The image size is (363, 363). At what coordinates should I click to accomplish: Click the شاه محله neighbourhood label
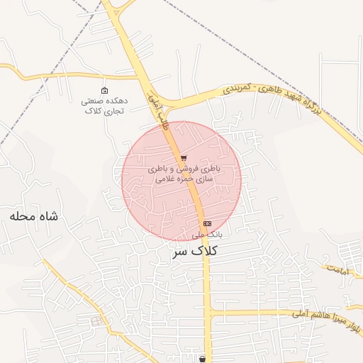click(37, 215)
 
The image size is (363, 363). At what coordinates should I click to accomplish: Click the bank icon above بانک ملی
click(206, 223)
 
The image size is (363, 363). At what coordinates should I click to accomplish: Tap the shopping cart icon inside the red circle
click(184, 158)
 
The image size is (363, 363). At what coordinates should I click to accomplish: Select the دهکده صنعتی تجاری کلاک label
click(105, 106)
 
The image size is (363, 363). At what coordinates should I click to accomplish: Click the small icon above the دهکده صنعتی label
click(105, 90)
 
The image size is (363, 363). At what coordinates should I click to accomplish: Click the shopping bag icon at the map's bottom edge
click(203, 359)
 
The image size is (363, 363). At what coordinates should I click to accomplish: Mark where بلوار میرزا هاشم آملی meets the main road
click(208, 312)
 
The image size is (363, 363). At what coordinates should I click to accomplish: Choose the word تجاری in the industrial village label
click(115, 111)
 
